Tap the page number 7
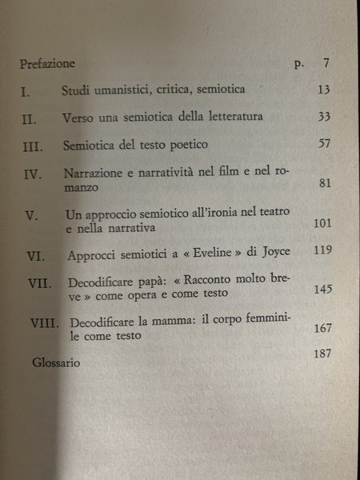pyautogui.click(x=316, y=62)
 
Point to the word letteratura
pyautogui.click(x=227, y=118)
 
